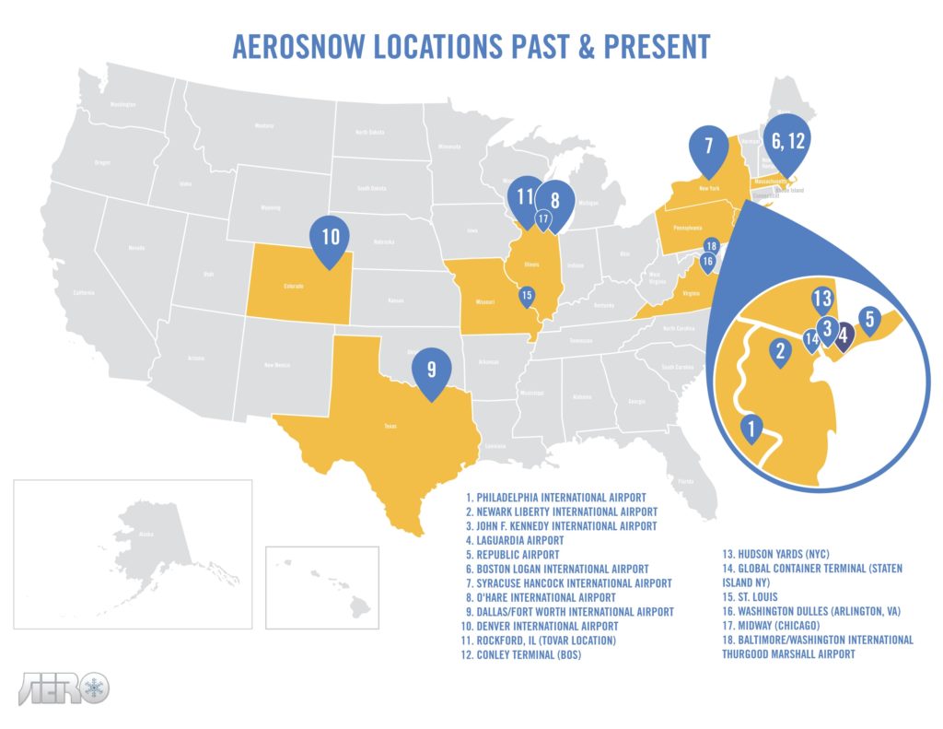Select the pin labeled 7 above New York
[708, 148]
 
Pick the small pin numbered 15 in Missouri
[526, 297]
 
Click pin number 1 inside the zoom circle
[752, 429]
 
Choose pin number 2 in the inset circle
[780, 351]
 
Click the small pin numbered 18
[710, 246]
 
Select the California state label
[85, 293]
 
